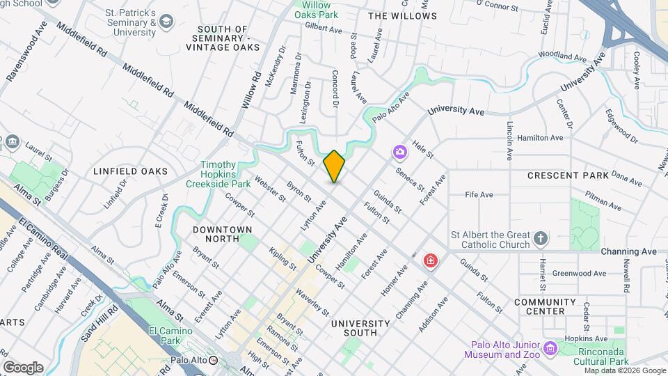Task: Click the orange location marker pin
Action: tap(334, 166)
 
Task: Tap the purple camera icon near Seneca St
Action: tap(399, 151)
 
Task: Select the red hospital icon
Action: tap(431, 261)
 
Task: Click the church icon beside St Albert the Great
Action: tap(541, 240)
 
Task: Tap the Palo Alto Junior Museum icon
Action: tap(551, 347)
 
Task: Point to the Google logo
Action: tap(23, 367)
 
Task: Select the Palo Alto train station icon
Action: tap(214, 361)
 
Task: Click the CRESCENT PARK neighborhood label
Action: tap(568, 175)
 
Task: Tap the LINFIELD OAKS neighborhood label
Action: tap(131, 171)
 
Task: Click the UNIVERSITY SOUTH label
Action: tap(360, 328)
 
